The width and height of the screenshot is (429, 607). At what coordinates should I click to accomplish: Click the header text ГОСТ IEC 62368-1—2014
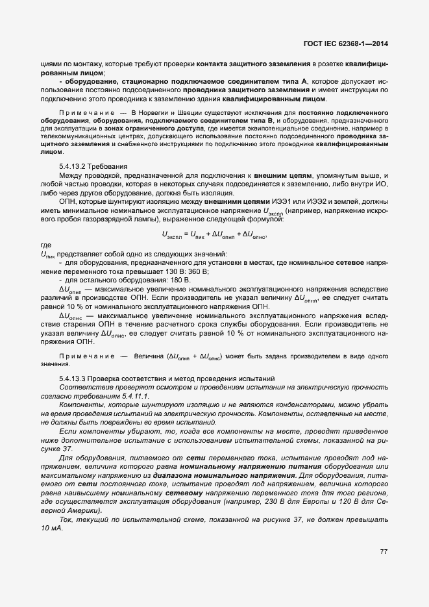(x=350, y=44)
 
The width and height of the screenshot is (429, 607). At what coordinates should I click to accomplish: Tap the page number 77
(x=384, y=552)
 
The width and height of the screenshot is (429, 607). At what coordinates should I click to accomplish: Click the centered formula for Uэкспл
(x=214, y=234)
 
